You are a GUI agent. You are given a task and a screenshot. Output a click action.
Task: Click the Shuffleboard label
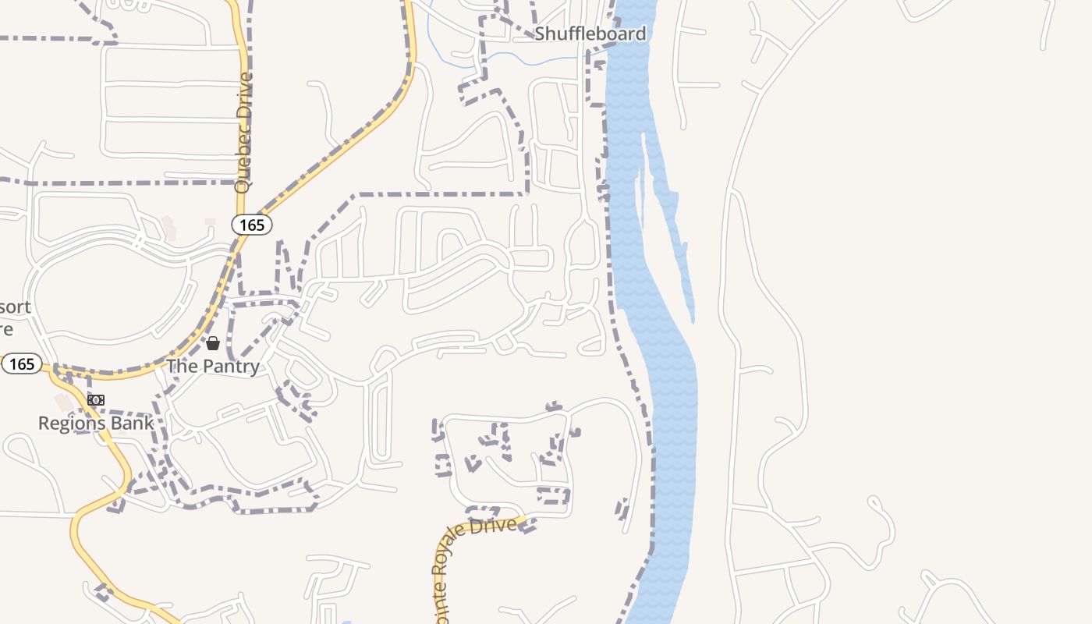point(590,34)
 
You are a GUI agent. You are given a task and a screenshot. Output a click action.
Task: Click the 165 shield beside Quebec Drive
point(252,225)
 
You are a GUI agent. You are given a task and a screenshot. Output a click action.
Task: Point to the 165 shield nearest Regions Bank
point(22,363)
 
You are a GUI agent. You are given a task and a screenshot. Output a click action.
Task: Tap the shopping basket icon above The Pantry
point(212,342)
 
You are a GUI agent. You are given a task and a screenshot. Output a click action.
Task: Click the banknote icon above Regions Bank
point(96,400)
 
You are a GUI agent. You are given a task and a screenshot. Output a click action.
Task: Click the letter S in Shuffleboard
point(539,34)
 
